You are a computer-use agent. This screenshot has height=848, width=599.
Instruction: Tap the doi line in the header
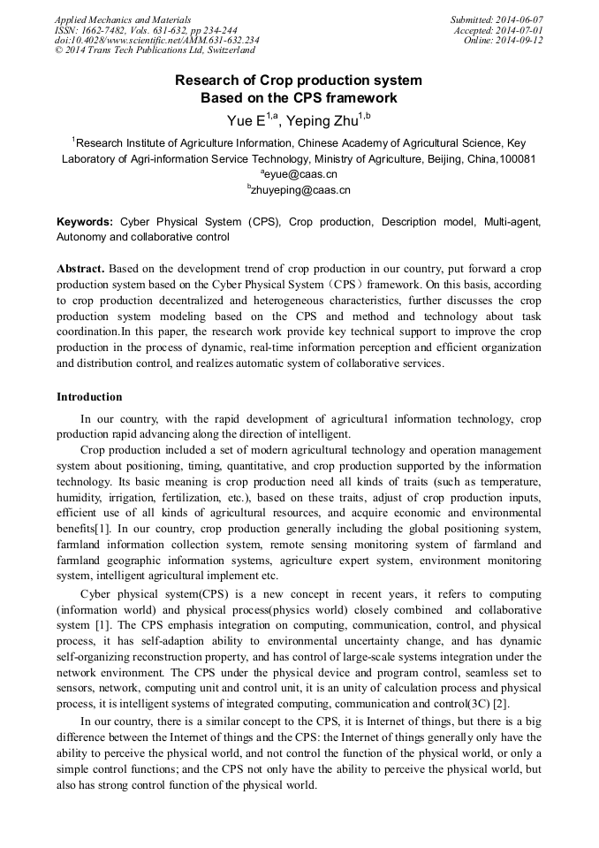pos(156,41)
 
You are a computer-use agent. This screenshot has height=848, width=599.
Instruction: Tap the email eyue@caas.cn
pos(300,174)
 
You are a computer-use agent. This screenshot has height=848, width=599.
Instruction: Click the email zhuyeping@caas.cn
pos(300,189)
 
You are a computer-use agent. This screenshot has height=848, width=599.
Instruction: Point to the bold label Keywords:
pos(85,222)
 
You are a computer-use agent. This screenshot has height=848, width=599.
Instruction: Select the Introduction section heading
pos(89,397)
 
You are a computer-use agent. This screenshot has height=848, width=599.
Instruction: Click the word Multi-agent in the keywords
pos(512,222)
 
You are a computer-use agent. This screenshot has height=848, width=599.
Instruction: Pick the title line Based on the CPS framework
pos(299,98)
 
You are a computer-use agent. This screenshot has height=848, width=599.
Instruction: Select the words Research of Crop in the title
pos(229,80)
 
